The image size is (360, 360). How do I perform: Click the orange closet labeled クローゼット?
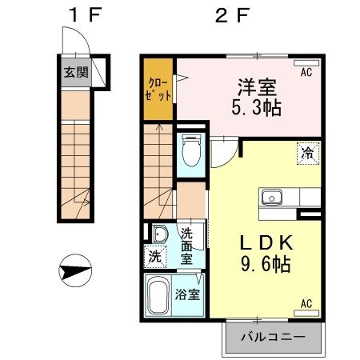(158, 88)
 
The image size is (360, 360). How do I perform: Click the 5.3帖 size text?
(256, 108)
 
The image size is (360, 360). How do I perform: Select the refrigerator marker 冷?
(307, 150)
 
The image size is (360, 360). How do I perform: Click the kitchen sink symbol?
(270, 197)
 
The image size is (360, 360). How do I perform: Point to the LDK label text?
(256, 242)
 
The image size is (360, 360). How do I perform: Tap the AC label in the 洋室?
(306, 73)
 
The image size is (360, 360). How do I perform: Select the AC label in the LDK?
(306, 303)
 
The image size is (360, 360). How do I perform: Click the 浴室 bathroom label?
(188, 293)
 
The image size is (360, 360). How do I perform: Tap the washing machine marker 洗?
(154, 257)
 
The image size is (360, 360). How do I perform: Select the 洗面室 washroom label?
(187, 246)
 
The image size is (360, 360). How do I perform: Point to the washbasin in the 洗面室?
(159, 235)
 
